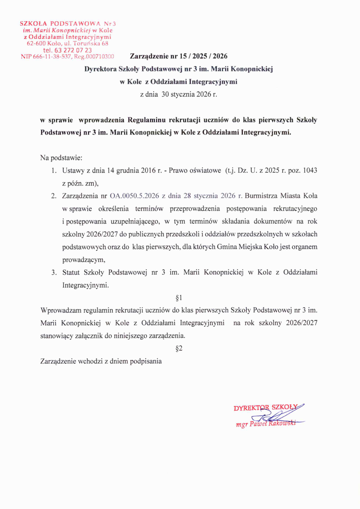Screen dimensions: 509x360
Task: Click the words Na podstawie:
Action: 61,158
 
